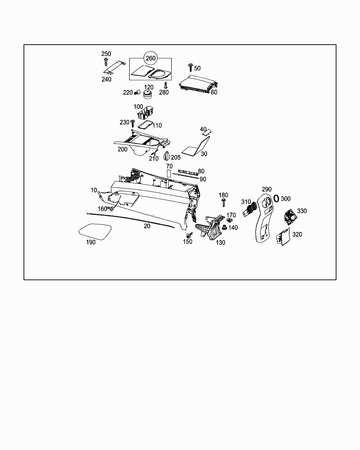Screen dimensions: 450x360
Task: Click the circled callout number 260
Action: point(150,58)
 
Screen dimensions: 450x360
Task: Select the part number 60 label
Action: point(214,92)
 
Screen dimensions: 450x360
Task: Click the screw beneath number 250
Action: point(105,62)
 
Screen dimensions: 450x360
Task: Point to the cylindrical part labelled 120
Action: point(147,95)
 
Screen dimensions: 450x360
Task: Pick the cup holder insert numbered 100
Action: point(146,112)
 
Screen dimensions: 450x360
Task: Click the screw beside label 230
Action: point(133,123)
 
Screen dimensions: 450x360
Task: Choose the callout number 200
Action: point(122,149)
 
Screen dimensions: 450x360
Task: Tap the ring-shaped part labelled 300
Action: point(276,199)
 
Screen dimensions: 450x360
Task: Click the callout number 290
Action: point(266,189)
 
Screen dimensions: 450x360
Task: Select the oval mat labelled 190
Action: point(95,231)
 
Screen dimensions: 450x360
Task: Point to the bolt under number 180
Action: point(224,202)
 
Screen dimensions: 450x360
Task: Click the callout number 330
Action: point(302,211)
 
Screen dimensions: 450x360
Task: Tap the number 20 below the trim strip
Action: point(147,226)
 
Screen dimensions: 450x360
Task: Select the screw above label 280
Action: point(166,85)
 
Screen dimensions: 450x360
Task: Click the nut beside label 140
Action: point(224,227)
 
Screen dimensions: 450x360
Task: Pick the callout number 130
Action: point(220,243)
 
